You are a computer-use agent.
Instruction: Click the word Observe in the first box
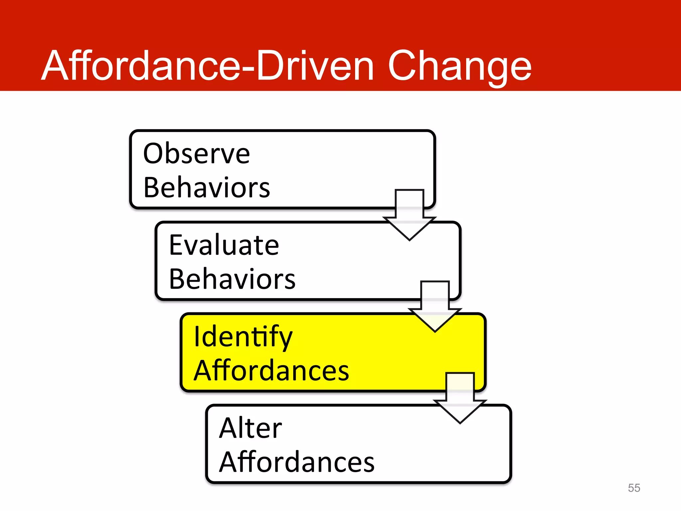coord(196,154)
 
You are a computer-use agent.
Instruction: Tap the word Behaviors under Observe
coord(206,188)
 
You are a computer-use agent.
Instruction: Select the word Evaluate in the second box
coord(224,245)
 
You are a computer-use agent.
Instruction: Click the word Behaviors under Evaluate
coord(232,279)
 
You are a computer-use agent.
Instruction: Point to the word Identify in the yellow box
coord(243,337)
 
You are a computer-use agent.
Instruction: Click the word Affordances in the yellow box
coord(271,371)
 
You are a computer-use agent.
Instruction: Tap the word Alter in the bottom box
coord(250,428)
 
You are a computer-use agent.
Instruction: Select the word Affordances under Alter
coord(297,462)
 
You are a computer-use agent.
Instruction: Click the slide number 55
coord(634,488)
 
